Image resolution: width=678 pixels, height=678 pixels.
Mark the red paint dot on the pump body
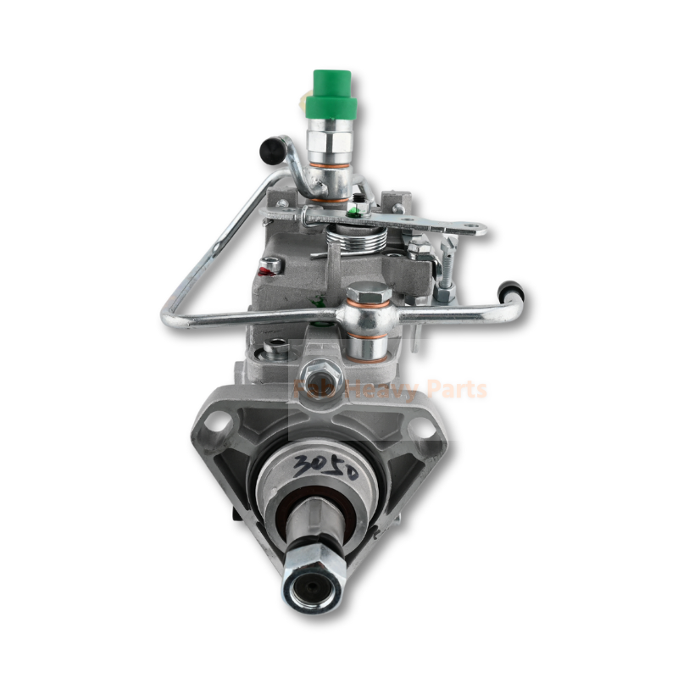271,266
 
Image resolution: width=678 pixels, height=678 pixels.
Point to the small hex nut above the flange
320,370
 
